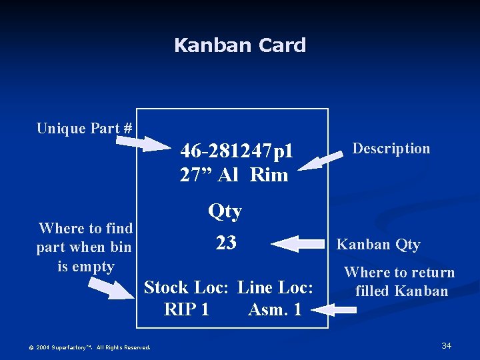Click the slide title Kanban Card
(x=240, y=45)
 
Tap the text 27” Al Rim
(x=234, y=175)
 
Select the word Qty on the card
(x=225, y=211)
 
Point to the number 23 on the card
(x=226, y=243)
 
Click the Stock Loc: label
(x=187, y=287)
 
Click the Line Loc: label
(x=275, y=287)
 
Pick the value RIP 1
(x=186, y=309)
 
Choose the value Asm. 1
(x=275, y=309)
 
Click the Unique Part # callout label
(x=84, y=128)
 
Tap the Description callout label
(x=391, y=148)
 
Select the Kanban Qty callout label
(x=379, y=245)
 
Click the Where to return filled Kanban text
(x=399, y=281)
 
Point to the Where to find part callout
(x=85, y=247)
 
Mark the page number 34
(x=447, y=345)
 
